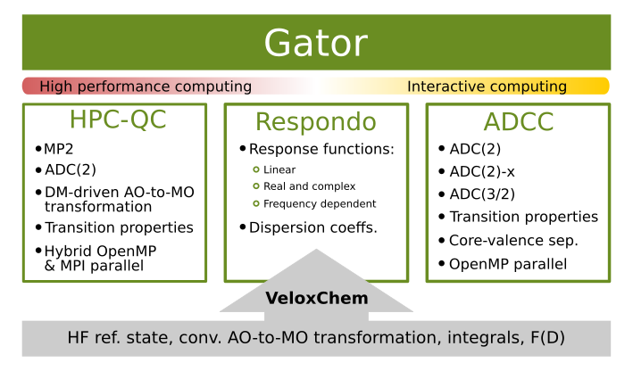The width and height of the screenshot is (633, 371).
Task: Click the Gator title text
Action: coord(315,43)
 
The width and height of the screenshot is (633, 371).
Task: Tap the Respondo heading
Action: coord(315,121)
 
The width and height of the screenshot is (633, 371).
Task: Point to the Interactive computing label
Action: coord(487,87)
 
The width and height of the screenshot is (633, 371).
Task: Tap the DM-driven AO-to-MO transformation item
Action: coord(119,199)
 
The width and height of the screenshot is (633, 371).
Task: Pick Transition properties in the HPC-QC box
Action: coord(119,227)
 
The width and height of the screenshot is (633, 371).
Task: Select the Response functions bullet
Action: coord(321,149)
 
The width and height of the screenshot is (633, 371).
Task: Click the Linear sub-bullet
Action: coord(279,169)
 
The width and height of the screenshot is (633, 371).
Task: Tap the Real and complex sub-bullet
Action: coord(309,186)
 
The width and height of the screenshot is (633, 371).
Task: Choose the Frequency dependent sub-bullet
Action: coord(320,204)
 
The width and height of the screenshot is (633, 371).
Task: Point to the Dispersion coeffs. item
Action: coord(312,227)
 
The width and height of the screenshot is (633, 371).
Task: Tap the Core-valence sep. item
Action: coord(513,241)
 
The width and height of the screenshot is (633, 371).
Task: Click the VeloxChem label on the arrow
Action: coord(316,298)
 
